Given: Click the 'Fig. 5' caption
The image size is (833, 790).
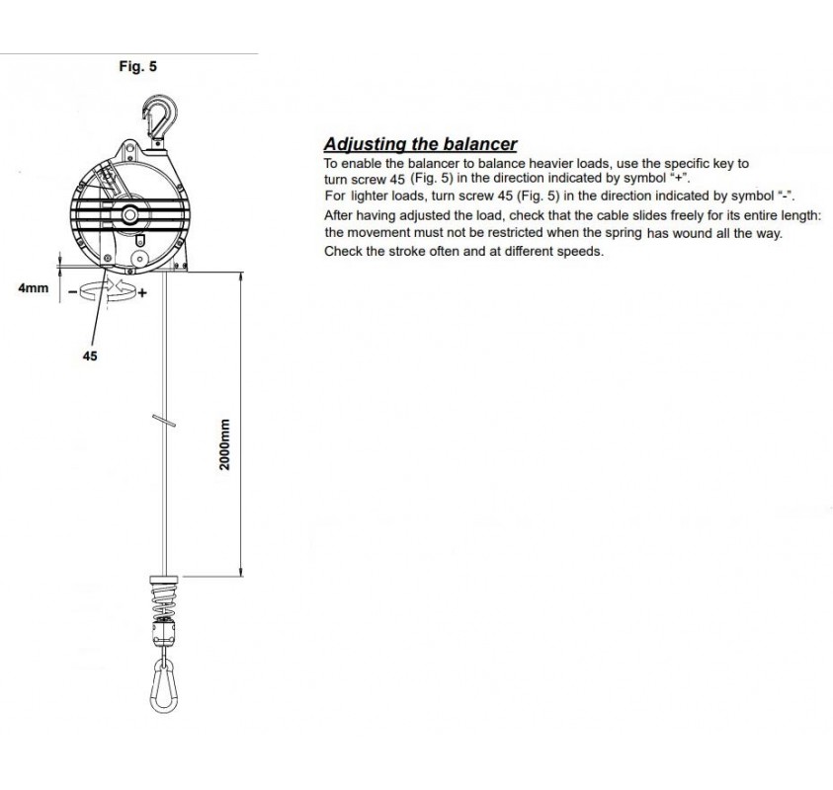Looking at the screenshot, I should coord(137,68).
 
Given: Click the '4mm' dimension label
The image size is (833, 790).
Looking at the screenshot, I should coord(33,289).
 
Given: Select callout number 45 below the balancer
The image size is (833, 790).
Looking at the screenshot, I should coord(90,356).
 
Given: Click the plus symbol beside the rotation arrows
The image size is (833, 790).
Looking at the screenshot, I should coord(142,293).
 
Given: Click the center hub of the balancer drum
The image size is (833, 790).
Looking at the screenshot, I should coord(129,215).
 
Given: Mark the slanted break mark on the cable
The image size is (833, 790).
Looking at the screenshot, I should coord(164,420).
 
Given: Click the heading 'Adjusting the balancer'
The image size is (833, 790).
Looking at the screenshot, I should coord(421,144).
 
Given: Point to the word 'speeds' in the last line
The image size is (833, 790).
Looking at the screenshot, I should coord(581,251).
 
